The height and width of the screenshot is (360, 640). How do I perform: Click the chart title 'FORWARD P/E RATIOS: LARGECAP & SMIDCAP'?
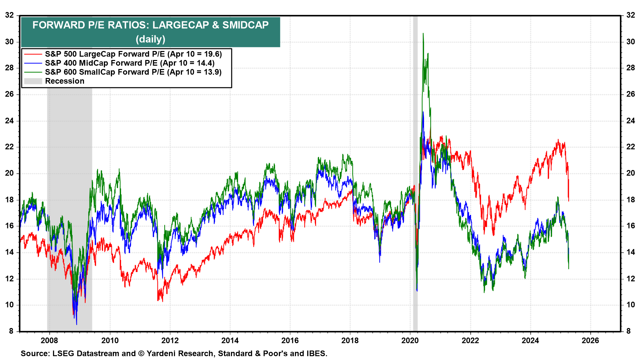point(150,25)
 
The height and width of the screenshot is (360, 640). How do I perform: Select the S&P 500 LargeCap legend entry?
point(133,54)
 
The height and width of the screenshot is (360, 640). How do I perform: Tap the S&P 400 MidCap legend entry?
point(130,63)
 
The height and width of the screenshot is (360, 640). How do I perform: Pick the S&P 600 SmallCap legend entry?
point(133,72)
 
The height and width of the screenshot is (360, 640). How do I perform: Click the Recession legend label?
point(65,81)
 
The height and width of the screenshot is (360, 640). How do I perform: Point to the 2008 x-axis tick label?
point(49,340)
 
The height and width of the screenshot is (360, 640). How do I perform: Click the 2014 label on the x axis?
point(230,340)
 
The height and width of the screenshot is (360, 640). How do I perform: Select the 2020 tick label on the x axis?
point(410,340)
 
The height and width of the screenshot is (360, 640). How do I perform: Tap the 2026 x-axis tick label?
point(590,340)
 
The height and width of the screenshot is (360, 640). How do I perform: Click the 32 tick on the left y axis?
point(9,15)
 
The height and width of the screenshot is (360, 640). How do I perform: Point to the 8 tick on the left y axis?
point(11,331)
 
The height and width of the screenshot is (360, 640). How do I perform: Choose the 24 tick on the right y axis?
point(631,121)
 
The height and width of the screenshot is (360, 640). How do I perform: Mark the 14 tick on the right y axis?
point(631,252)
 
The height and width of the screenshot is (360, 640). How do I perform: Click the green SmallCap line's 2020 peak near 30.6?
point(423,33)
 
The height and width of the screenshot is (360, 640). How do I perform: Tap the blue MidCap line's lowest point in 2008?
point(76,324)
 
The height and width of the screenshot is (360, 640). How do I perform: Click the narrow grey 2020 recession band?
point(415,200)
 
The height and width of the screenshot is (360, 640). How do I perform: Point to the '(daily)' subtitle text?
point(150,39)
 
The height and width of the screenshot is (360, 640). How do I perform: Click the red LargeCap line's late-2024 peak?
point(558,140)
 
